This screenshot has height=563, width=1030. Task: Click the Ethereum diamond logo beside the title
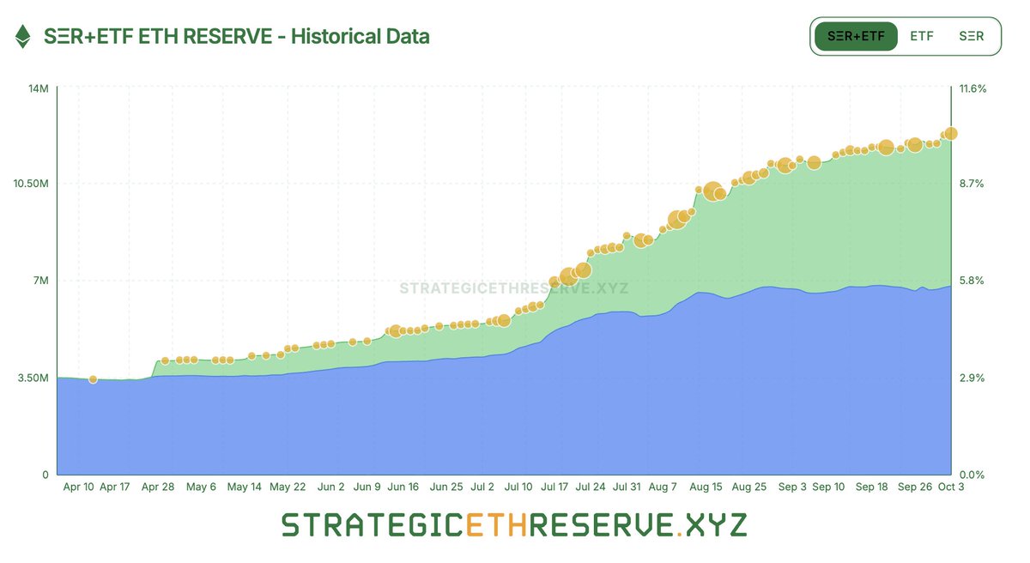(22, 37)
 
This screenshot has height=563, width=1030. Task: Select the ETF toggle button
(922, 36)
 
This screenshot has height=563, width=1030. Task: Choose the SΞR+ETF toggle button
(856, 36)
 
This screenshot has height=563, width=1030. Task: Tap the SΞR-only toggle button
(972, 36)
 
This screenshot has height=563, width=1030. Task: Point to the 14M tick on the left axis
(38, 88)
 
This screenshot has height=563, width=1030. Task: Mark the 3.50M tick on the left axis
(33, 378)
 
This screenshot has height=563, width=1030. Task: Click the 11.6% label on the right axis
(972, 88)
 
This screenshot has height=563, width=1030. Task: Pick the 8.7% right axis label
(971, 184)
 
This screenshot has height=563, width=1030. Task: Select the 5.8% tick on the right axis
(971, 281)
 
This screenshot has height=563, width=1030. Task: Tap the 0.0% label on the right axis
(971, 475)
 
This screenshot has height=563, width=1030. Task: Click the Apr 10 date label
(78, 487)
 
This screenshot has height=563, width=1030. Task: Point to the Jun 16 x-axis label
(403, 487)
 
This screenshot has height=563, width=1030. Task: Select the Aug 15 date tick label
(706, 487)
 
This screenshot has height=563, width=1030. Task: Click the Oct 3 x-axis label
(950, 487)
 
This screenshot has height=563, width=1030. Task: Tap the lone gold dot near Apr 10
(93, 379)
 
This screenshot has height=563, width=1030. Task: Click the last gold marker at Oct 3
(950, 133)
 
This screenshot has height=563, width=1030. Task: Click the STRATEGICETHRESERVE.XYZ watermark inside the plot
(513, 288)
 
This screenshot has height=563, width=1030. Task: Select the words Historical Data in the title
(360, 37)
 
